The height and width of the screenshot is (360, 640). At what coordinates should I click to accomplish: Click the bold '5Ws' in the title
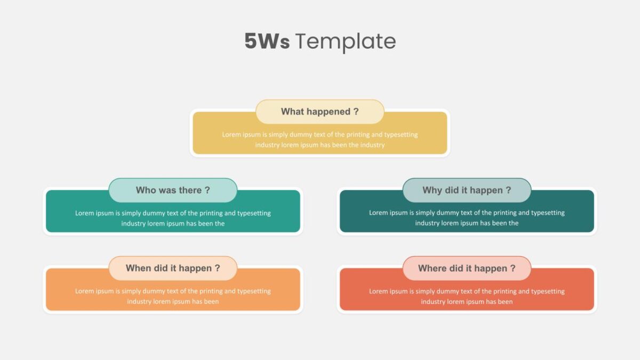(267, 41)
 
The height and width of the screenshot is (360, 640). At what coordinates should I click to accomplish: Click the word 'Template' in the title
(346, 42)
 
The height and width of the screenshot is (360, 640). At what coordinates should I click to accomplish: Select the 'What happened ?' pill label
(319, 111)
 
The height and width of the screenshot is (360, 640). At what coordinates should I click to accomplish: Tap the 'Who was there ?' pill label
(173, 190)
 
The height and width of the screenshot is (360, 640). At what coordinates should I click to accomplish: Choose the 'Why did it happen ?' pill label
(467, 190)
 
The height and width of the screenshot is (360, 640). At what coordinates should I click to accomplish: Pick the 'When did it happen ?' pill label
(173, 268)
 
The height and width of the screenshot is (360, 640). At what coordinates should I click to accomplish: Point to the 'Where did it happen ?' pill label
(467, 268)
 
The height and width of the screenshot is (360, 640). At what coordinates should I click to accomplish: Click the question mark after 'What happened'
(356, 111)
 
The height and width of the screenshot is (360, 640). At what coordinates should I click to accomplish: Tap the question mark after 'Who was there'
(207, 190)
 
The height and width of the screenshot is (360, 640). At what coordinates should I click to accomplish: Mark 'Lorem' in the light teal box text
(83, 213)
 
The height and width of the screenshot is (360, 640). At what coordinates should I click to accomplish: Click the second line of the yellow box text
(319, 145)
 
